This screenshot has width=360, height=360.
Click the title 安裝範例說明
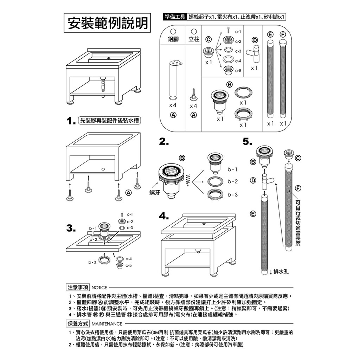[x=107, y=23]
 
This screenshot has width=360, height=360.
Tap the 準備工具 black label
[x=175, y=17]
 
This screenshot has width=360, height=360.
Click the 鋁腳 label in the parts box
[x=173, y=39]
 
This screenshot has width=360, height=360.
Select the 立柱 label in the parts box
[x=194, y=39]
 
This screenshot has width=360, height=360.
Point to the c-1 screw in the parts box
[x=229, y=30]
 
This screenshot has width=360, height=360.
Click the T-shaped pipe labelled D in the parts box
[x=254, y=53]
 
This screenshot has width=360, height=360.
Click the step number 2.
[x=164, y=142]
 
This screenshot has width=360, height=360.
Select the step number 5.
[x=247, y=142]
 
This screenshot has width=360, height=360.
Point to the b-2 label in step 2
[x=233, y=181]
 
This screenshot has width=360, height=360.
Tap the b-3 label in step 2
[x=233, y=195]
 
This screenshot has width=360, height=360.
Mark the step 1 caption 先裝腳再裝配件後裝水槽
[x=109, y=121]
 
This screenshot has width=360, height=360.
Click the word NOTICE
[x=99, y=288]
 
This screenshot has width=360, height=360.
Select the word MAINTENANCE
[x=107, y=324]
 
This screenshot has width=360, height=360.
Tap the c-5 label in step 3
[x=129, y=266]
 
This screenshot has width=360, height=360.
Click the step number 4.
[x=164, y=216]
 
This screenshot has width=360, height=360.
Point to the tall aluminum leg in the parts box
[x=174, y=81]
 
